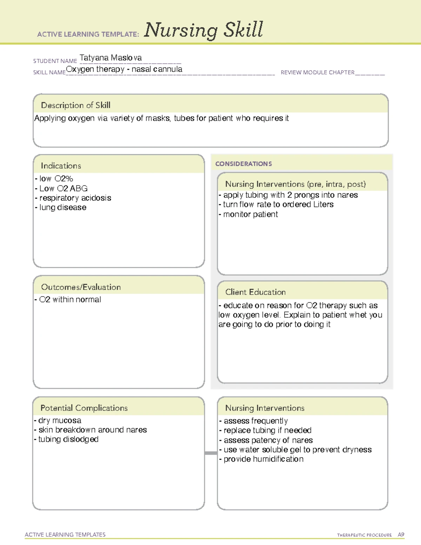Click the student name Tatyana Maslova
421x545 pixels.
(111, 58)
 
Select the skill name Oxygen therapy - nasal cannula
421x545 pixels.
(124, 69)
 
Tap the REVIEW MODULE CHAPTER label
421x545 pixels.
(318, 72)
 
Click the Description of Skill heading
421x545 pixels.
(75, 105)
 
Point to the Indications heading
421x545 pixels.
(61, 166)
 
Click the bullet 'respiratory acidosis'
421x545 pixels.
(75, 198)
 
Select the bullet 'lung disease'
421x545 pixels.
(62, 207)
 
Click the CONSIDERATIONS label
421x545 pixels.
(243, 164)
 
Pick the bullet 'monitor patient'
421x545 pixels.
(250, 214)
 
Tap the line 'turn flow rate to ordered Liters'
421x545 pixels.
(278, 205)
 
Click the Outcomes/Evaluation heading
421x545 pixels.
(81, 287)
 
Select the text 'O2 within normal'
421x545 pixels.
(70, 300)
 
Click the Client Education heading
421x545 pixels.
(255, 292)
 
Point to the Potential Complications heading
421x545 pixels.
(84, 408)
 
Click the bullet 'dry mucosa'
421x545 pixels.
(59, 420)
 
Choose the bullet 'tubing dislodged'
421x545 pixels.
(68, 439)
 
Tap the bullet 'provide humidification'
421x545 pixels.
(263, 459)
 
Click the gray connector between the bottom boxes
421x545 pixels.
(211, 453)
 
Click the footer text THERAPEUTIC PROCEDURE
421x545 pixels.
(364, 535)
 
